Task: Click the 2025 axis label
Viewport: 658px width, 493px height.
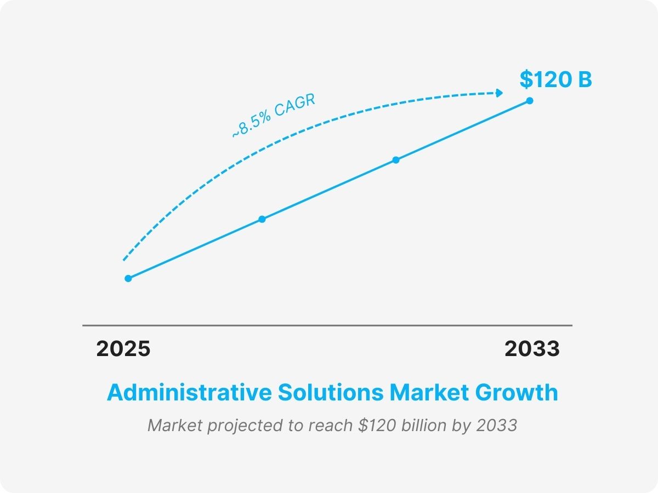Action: click(x=123, y=349)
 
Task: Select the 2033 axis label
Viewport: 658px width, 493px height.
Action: click(x=532, y=349)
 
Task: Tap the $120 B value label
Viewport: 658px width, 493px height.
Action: click(x=555, y=80)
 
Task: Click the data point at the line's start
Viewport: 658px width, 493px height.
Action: click(x=128, y=278)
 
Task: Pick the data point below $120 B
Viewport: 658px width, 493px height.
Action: click(x=530, y=100)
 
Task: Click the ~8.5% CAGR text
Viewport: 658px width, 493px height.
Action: click(x=274, y=117)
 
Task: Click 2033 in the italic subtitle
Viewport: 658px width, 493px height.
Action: click(x=497, y=426)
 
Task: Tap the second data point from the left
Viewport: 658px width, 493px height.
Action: click(x=262, y=219)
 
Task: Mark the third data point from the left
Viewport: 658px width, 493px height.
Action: click(x=396, y=160)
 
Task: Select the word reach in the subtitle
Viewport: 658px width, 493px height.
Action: click(x=331, y=426)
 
